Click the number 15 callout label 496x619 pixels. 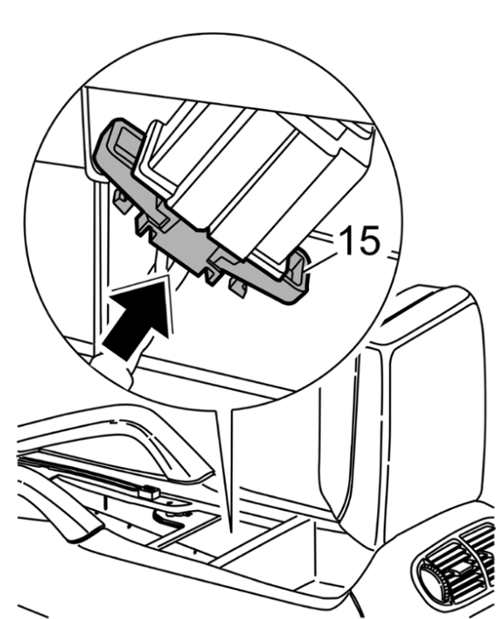(359, 240)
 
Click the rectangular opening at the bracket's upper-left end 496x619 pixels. (127, 141)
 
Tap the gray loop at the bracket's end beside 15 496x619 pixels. (297, 273)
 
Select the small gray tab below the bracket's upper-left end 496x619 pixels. (121, 200)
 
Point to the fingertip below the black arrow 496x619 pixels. (115, 369)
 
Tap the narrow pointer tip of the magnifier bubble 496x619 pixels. (229, 529)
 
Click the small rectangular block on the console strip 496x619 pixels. (150, 492)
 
